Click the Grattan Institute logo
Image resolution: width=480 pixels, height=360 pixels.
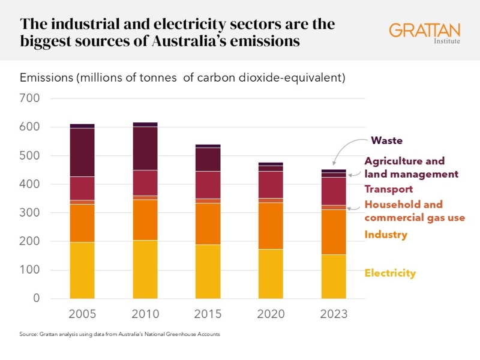[x=425, y=33]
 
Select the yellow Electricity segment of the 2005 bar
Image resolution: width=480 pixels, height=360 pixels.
[x=82, y=270]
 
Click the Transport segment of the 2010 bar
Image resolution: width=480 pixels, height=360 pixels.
[x=145, y=183]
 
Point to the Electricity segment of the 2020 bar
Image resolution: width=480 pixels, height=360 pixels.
[x=271, y=274]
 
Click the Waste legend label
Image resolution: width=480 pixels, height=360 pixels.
[x=386, y=140]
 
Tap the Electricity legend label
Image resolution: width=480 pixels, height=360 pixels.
[x=390, y=273]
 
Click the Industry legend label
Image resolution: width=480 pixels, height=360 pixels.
[x=386, y=235]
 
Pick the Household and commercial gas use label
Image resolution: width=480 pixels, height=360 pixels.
[x=414, y=211]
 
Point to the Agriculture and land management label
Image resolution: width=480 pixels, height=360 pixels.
[x=411, y=167]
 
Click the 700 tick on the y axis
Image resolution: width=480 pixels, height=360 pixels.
[x=29, y=98]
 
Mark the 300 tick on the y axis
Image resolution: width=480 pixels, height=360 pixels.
[x=29, y=212]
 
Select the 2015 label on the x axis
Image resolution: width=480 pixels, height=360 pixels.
[x=208, y=314]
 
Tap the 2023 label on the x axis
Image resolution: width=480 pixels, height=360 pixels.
[x=334, y=314]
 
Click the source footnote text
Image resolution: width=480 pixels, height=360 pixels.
[x=120, y=334]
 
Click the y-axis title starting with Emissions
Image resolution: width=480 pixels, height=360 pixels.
[x=182, y=78]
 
